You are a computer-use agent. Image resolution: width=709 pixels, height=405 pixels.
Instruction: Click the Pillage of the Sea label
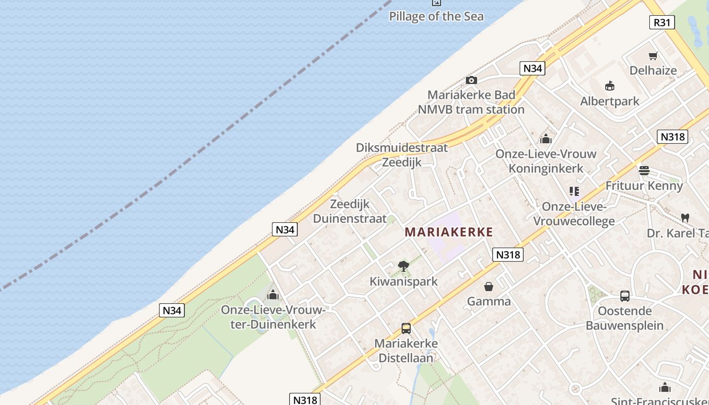(436, 16)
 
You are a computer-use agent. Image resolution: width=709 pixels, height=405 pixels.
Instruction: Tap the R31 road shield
(662, 22)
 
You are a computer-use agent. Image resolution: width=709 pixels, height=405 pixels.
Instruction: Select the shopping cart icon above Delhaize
(653, 56)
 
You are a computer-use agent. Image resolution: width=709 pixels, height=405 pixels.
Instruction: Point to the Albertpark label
(610, 101)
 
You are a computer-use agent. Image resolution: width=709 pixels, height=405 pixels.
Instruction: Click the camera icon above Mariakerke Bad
(471, 80)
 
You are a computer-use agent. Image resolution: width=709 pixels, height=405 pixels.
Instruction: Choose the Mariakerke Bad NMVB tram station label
(471, 102)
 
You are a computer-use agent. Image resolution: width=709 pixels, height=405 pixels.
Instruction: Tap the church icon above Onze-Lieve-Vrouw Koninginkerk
(546, 139)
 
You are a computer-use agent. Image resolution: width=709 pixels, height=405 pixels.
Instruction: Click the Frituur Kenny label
(644, 186)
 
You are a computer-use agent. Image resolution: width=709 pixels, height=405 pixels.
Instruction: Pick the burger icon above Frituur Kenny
(644, 171)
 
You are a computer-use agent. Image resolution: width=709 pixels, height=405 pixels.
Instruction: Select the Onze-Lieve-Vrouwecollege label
(574, 214)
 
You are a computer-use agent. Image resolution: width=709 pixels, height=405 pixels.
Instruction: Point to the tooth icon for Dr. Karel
(685, 218)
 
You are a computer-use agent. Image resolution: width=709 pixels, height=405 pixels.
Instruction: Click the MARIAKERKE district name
(449, 232)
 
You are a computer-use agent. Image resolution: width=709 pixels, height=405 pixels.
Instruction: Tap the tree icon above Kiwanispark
(403, 266)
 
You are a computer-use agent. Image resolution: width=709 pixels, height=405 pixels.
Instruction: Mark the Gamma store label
(489, 302)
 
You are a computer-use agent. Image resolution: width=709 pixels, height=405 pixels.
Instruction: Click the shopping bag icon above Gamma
(489, 287)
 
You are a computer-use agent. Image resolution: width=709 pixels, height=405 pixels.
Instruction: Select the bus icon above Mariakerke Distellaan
(406, 329)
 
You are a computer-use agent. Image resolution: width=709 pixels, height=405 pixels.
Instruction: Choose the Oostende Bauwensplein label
(624, 318)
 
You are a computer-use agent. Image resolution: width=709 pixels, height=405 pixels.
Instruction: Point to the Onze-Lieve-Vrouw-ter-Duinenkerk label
(273, 317)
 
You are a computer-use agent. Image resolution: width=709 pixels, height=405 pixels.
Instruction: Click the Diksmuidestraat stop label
(402, 148)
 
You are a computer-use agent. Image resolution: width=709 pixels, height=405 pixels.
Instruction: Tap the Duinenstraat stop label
(349, 219)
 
